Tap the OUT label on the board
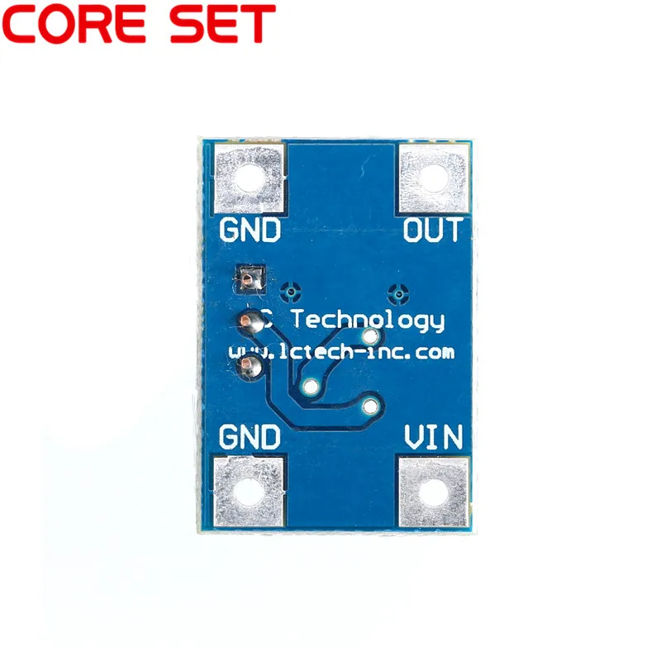433,231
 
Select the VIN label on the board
433,437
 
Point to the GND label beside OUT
249,231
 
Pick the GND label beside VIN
249,437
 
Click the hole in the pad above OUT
433,178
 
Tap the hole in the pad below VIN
433,493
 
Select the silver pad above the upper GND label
250,179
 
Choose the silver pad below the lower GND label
250,493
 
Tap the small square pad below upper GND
249,278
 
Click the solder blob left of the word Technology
250,321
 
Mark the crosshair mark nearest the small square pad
290,291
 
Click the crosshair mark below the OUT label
398,292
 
